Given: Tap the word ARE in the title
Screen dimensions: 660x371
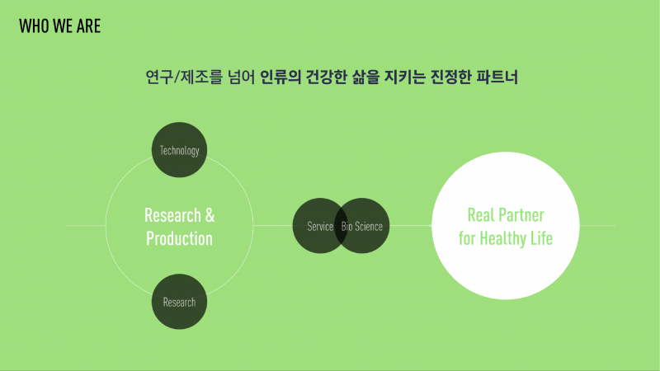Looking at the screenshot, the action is pos(89,26).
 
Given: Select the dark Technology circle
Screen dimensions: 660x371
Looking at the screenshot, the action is pos(179,150).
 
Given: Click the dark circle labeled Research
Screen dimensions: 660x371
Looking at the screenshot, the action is pos(179,302).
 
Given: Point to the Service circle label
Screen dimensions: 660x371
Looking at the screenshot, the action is pos(320,226).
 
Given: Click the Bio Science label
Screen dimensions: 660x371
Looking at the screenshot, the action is pos(362,226).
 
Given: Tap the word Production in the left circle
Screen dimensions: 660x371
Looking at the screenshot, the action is pos(179,238).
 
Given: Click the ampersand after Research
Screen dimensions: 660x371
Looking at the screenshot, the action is pos(210,215).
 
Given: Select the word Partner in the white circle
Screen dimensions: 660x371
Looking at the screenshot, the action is pos(521,215).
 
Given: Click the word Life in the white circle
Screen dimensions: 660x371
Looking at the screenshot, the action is pos(541,238).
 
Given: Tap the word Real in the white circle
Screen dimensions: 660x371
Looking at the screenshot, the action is pos(481,215).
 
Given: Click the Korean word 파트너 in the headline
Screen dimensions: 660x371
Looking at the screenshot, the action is pos(497,77).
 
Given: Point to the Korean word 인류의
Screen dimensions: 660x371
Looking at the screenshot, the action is pos(280,77).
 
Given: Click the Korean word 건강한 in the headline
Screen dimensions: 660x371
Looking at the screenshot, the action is pos(326,77).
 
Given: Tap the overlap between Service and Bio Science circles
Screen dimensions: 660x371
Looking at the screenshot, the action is pos(341,226).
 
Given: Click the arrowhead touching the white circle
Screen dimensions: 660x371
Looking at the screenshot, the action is pos(430,226).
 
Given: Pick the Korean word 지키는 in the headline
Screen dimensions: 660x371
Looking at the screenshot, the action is pos(405,77).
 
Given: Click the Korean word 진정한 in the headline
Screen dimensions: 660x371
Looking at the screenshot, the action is pos(450,77).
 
